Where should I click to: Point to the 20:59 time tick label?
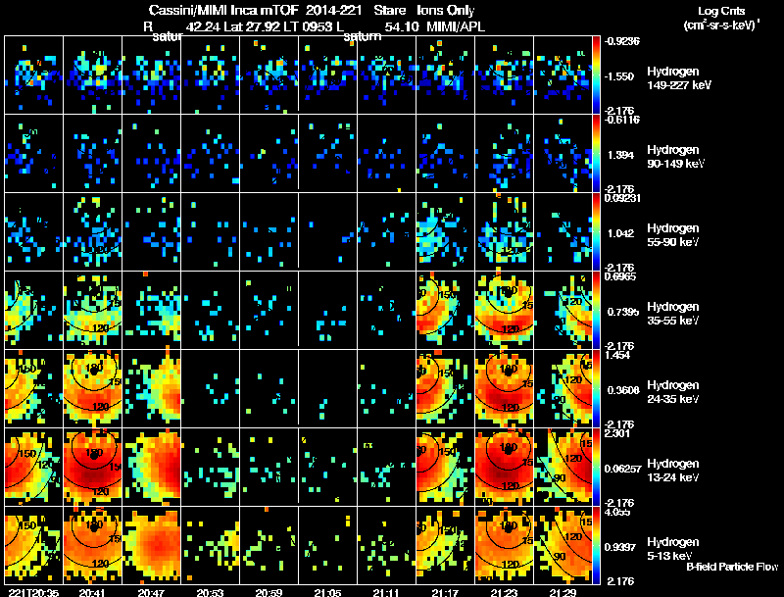[x=269, y=592]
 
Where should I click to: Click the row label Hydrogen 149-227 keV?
[x=675, y=78]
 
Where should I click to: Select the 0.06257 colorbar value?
[x=621, y=469]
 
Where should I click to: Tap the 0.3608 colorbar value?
[x=621, y=390]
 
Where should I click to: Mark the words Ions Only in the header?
[x=450, y=8]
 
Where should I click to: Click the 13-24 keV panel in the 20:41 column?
[x=92, y=467]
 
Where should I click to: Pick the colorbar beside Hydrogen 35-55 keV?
[x=597, y=310]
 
